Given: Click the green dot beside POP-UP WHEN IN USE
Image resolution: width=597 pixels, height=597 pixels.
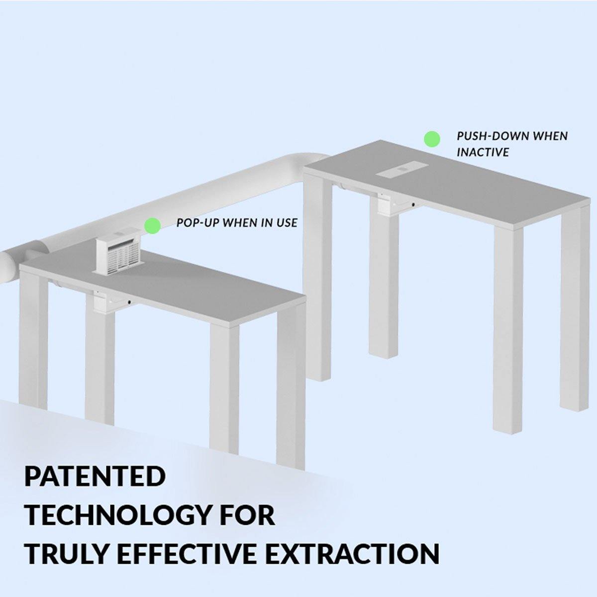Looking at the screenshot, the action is tap(153, 225).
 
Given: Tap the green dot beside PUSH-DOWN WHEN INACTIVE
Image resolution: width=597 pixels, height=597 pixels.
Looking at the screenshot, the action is tap(432, 139).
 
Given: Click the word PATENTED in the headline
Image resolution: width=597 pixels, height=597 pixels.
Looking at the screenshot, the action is tap(95, 476).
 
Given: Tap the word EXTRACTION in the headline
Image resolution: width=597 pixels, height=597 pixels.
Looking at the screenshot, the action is tap(352, 553).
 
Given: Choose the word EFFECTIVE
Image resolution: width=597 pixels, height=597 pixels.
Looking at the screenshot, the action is tap(187, 553).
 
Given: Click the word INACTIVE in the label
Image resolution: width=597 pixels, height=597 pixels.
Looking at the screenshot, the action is tap(483, 152).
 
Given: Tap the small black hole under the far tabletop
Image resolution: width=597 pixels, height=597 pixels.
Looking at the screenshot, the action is tap(413, 205).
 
